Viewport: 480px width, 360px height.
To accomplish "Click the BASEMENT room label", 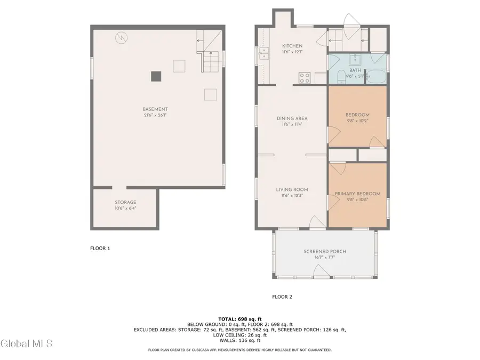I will coord(155,109).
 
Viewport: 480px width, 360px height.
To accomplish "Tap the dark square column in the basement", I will coord(156,77).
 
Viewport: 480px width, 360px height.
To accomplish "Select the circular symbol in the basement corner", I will coord(122,38).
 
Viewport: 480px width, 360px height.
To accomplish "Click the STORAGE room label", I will coord(125,203).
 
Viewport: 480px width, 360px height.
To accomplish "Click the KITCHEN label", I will coord(292,46).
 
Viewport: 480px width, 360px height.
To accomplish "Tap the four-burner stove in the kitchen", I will coord(305,78).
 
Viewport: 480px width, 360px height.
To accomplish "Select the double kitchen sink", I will coord(263,54).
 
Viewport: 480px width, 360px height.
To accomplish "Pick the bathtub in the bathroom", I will coord(375,76).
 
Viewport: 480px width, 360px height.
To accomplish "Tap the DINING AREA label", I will coord(292,118).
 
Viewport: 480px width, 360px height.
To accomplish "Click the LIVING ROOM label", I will coord(292,189).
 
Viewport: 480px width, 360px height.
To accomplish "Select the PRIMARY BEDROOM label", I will coord(357,194).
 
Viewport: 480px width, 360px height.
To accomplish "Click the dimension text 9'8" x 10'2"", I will coord(357,121).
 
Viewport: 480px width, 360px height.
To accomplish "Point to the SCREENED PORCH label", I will coord(323,251).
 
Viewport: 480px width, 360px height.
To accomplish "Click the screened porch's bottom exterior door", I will coord(321,274).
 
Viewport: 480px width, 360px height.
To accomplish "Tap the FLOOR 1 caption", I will coord(100,248).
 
